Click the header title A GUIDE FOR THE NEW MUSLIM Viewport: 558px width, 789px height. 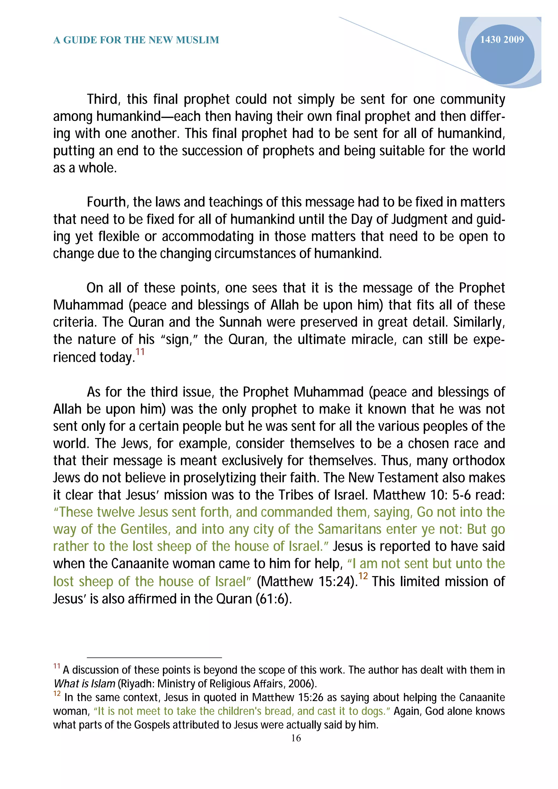point(136,40)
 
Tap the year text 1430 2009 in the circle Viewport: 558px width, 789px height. point(502,39)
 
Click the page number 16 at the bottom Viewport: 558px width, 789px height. point(296,738)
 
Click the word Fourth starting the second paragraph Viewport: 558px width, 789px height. point(107,202)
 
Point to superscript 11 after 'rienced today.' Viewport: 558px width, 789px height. point(140,352)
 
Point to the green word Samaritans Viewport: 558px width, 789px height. point(349,529)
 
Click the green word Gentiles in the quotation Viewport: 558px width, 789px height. point(146,529)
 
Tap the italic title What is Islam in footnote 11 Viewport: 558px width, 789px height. point(84,684)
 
